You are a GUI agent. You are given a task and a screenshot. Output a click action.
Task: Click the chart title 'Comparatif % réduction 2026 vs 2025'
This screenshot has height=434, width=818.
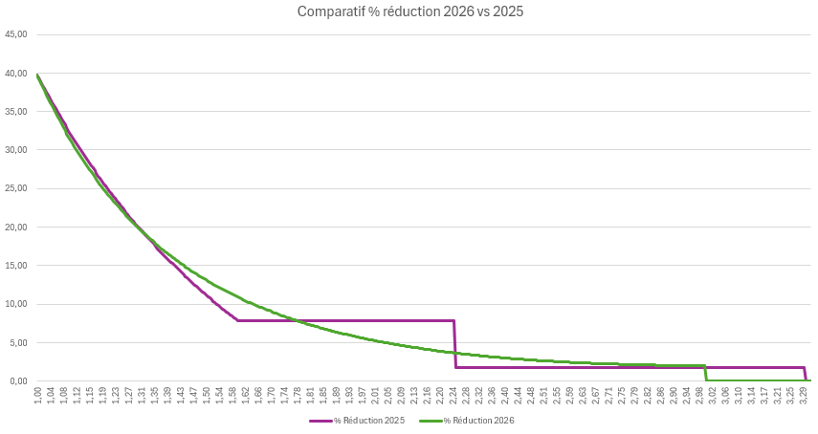[409, 11]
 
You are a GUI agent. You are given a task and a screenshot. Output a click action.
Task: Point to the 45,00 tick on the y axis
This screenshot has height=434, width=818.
[16, 34]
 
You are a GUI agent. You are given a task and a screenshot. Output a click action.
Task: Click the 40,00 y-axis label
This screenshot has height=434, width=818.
[16, 74]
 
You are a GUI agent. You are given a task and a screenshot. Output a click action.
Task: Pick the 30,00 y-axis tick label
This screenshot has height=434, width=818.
[16, 150]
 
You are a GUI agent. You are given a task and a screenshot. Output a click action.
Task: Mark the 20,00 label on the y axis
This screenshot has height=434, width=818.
[16, 228]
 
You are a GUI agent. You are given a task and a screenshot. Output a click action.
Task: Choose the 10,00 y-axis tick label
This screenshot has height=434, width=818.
[16, 304]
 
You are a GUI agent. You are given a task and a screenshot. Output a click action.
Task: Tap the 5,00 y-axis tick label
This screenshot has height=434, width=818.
[18, 342]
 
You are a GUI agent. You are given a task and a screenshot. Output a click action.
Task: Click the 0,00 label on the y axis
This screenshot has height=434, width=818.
[18, 381]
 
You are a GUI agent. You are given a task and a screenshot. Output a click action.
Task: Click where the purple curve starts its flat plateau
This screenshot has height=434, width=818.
[237, 320]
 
